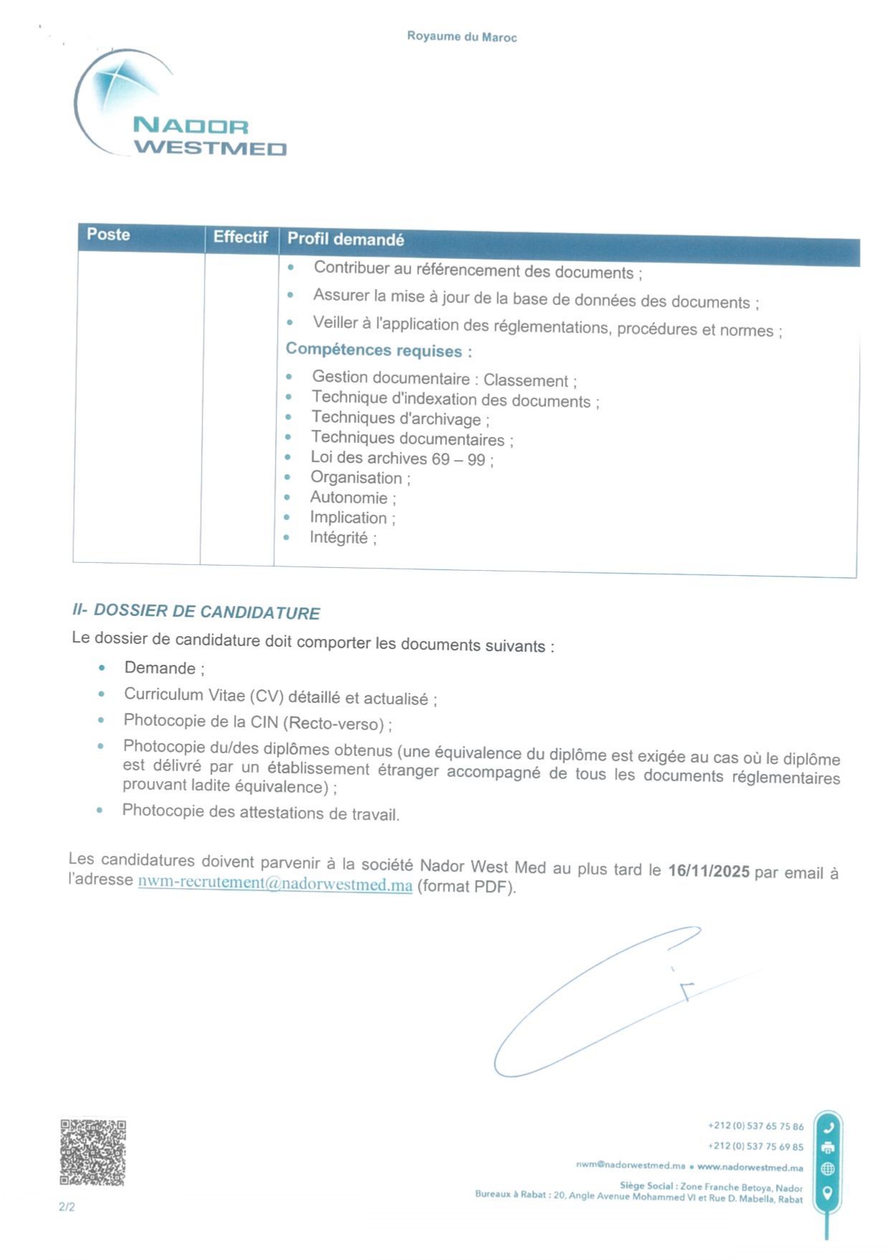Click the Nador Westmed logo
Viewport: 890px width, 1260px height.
tap(179, 104)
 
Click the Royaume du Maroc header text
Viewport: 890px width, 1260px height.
tap(462, 37)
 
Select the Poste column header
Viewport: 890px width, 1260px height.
tap(108, 235)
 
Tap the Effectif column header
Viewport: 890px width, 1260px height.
tap(240, 237)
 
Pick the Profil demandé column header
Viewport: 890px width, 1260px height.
tap(345, 239)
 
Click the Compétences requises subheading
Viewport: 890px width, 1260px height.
tap(378, 350)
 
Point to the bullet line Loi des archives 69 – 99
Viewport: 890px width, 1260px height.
tap(401, 459)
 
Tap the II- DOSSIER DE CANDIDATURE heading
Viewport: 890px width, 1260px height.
tap(196, 612)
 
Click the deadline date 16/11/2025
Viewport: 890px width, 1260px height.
tap(708, 871)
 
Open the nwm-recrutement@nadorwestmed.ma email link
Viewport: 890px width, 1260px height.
tap(275, 884)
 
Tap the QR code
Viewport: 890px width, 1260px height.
tap(93, 1152)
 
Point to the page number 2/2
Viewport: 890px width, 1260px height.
tap(67, 1207)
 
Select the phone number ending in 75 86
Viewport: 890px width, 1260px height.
tap(755, 1126)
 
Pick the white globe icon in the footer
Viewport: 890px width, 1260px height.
tap(828, 1169)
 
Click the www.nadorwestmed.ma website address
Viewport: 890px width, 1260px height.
tap(749, 1167)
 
